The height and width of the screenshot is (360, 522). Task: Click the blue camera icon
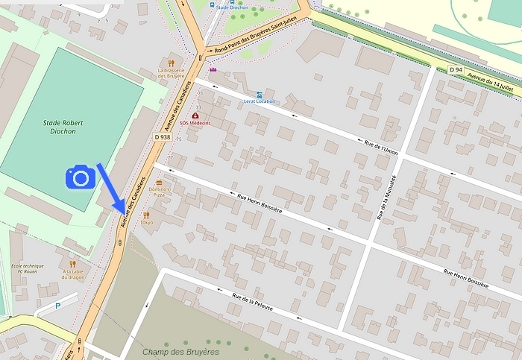[x=81, y=177]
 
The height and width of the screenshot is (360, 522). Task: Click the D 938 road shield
[x=163, y=137]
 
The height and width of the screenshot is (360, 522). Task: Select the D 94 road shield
[x=456, y=69]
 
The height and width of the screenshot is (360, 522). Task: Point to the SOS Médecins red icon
[x=195, y=116]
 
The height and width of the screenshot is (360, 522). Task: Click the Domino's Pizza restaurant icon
[x=159, y=183]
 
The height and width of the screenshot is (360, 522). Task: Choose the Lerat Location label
[x=259, y=101]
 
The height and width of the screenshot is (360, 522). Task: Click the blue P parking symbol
[x=58, y=306]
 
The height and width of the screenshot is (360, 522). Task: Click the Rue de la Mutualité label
[x=387, y=198]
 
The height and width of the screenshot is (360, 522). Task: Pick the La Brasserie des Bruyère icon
[x=171, y=63]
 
